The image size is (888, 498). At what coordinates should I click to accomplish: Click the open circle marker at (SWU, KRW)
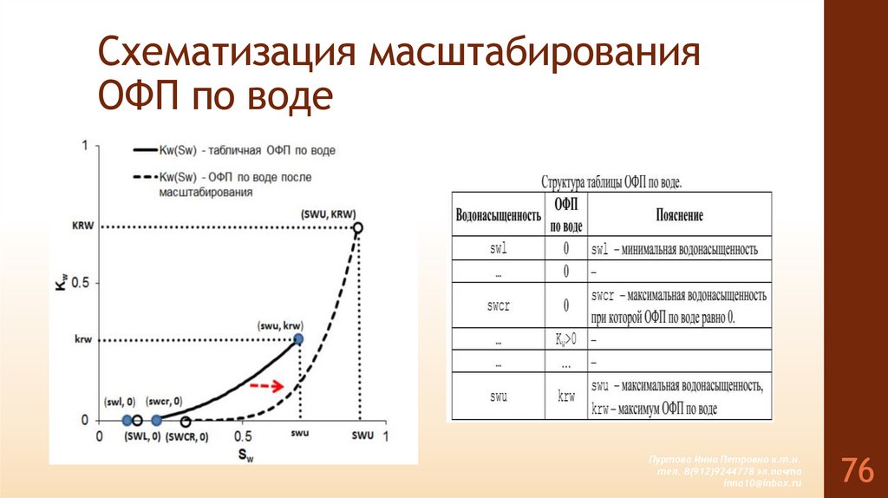pos(358,228)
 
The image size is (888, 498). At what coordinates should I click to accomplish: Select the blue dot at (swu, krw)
pos(298,339)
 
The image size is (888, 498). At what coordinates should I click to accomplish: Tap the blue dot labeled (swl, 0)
pos(127,421)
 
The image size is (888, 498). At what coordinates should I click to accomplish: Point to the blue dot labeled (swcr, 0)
pos(157,421)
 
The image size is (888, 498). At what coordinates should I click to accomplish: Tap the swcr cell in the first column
pos(498,305)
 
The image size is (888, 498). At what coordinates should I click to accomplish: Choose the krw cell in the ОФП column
pos(566,396)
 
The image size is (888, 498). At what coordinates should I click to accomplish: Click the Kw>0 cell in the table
pos(566,339)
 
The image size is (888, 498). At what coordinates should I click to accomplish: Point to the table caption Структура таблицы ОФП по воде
pos(611,183)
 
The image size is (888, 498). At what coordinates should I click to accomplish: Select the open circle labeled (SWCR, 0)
pos(186,421)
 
